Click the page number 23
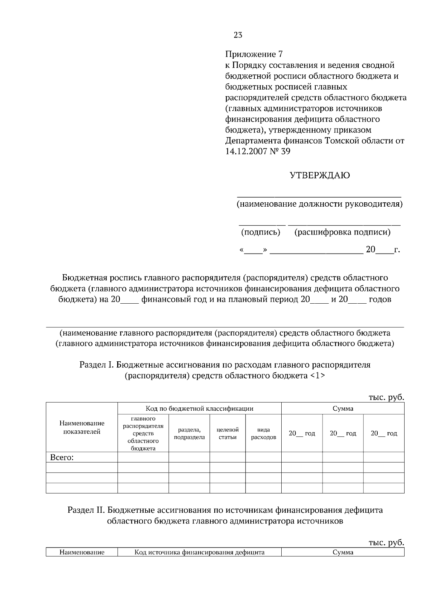pos(238,35)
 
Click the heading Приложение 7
pos(254,54)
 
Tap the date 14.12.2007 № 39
pos(258,151)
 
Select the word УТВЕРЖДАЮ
pos(320,175)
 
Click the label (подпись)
pos(261,232)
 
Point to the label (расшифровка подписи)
pos(342,232)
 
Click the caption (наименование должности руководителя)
pos(319,204)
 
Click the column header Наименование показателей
pos(82,428)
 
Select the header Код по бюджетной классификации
pos(199,409)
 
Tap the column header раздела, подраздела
pos(189,433)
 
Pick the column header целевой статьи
pos(228,433)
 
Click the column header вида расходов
pos(263,433)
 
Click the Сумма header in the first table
pos(343,409)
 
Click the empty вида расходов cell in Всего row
pos(263,457)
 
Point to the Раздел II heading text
pos(225,516)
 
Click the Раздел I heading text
pos(225,370)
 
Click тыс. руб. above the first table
pos(386,397)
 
